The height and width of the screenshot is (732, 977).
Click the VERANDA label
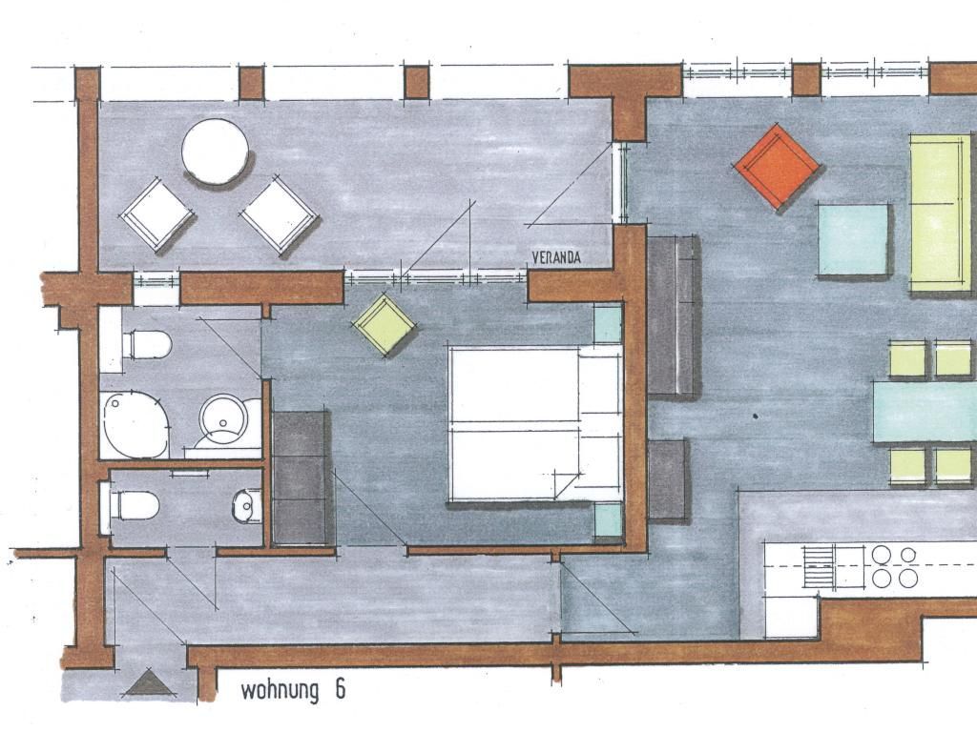tap(556, 257)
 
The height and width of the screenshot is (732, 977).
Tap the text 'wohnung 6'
tap(293, 690)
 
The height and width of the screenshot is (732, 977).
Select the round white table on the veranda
tap(215, 152)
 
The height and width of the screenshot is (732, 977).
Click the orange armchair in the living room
tap(777, 166)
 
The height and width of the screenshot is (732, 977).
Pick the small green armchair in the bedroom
tap(384, 324)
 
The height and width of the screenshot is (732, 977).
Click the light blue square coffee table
tap(852, 239)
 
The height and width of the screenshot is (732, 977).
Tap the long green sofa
tap(941, 213)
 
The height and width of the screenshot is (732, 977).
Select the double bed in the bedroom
tap(535, 423)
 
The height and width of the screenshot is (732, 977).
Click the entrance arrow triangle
tap(148, 682)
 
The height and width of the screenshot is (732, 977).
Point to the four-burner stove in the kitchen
tap(894, 566)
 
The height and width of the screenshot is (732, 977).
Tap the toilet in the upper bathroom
tap(146, 344)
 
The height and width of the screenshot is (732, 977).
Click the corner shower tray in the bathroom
tap(135, 424)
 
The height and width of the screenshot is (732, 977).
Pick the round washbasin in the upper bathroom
tap(223, 419)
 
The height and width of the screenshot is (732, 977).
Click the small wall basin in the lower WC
tap(247, 505)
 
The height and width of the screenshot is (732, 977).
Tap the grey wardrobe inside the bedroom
tap(301, 478)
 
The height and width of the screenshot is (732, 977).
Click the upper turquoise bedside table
tap(608, 324)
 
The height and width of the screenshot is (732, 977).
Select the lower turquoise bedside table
tap(608, 520)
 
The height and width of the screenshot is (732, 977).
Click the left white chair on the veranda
tap(156, 214)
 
